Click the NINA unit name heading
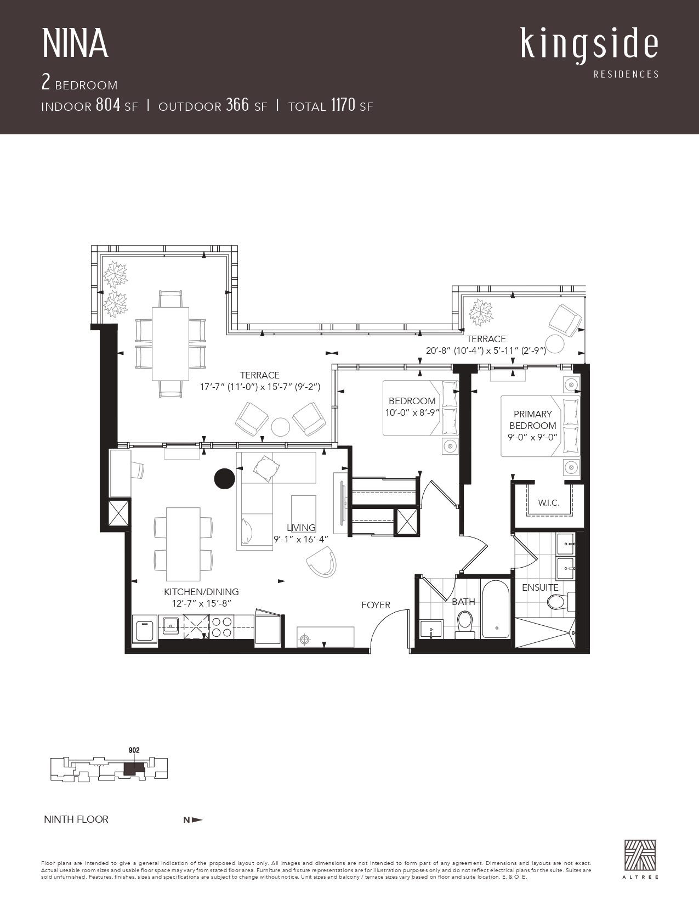pyautogui.click(x=75, y=44)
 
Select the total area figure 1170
pyautogui.click(x=343, y=105)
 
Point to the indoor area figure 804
pyautogui.click(x=108, y=105)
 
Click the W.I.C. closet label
pyautogui.click(x=549, y=502)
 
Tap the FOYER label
pyautogui.click(x=376, y=605)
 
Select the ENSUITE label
pyautogui.click(x=541, y=587)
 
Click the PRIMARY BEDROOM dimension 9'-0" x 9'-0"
pyautogui.click(x=532, y=438)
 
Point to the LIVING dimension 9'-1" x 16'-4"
pyautogui.click(x=301, y=539)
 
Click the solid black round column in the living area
pyautogui.click(x=224, y=478)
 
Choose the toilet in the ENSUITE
pyautogui.click(x=560, y=601)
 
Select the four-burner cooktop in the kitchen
pyautogui.click(x=221, y=627)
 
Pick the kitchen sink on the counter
pyautogui.click(x=171, y=624)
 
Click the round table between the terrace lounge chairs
pyautogui.click(x=280, y=427)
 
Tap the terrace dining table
pyautogui.click(x=171, y=343)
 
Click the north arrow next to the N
pyautogui.click(x=198, y=820)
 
